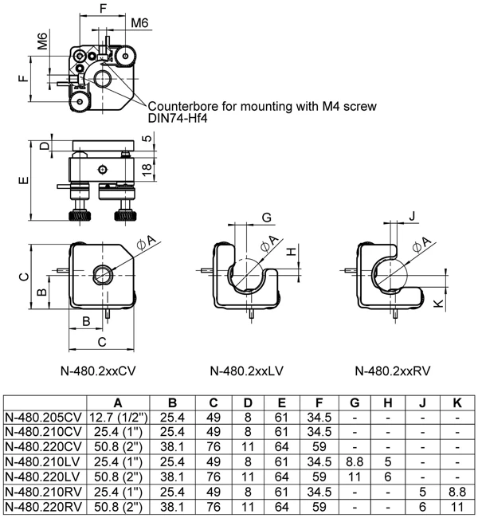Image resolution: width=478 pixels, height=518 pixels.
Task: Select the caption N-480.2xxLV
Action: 246,370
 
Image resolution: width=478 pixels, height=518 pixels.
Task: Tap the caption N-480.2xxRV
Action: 394,370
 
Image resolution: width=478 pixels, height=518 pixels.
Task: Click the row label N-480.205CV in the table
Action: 44,417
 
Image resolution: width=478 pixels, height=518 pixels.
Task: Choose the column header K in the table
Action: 457,403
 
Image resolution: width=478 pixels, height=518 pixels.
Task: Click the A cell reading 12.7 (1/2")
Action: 118,417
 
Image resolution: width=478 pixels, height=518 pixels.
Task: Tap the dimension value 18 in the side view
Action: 147,167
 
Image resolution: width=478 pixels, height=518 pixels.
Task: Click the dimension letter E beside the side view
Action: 22,181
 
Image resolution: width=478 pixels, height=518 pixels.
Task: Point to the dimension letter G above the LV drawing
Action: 266,217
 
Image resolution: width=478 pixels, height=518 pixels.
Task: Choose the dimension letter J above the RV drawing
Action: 412,216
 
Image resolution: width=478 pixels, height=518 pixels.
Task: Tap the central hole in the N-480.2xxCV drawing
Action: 102,273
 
